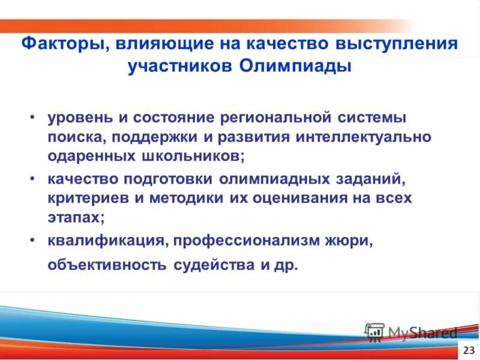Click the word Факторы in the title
61,44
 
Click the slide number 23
469,350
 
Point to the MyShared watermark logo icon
374,332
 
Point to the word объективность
109,265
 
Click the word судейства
214,265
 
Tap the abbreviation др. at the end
286,265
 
